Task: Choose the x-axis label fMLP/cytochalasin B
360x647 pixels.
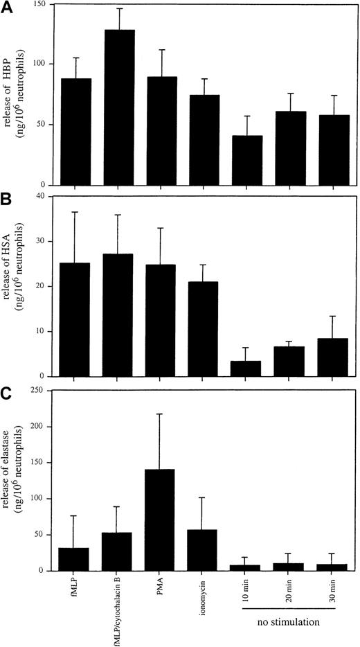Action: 118,611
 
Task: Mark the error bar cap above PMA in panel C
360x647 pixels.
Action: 160,414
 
